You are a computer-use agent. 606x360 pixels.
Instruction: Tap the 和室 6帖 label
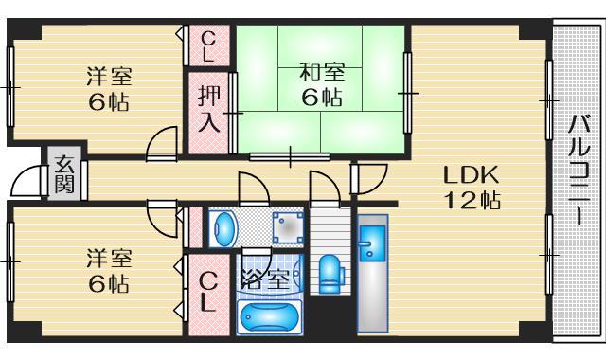point(321,83)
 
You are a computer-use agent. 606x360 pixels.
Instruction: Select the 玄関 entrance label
point(64,172)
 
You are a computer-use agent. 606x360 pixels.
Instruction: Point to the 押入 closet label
point(209,109)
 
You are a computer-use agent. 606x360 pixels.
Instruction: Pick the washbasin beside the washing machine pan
point(225,228)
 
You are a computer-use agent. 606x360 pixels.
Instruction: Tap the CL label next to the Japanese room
point(209,45)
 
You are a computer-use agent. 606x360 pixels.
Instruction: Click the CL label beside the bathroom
point(209,292)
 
